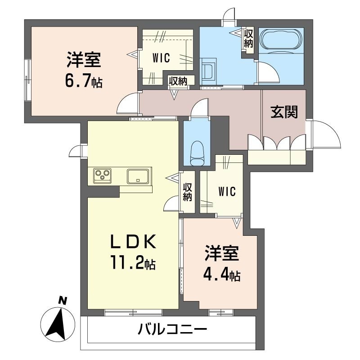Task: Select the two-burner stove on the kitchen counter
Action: pos(102,175)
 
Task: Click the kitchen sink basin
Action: pos(139,175)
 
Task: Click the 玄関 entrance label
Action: pos(283,112)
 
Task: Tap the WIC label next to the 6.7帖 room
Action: pos(160,57)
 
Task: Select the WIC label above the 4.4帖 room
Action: pos(227,191)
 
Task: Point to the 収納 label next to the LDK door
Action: pos(188,192)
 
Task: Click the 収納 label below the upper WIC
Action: pos(178,81)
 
